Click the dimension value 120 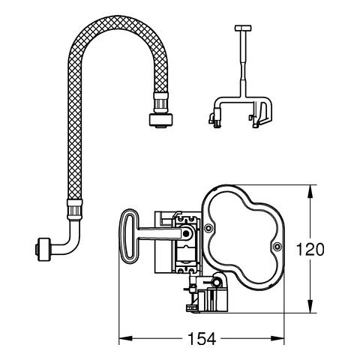point(310,250)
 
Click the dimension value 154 point(202,339)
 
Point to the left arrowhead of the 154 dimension point(125,339)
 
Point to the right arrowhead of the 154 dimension point(277,339)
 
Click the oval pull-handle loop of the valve point(129,236)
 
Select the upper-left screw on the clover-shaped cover point(208,227)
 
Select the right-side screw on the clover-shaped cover point(277,247)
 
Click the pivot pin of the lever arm point(185,233)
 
